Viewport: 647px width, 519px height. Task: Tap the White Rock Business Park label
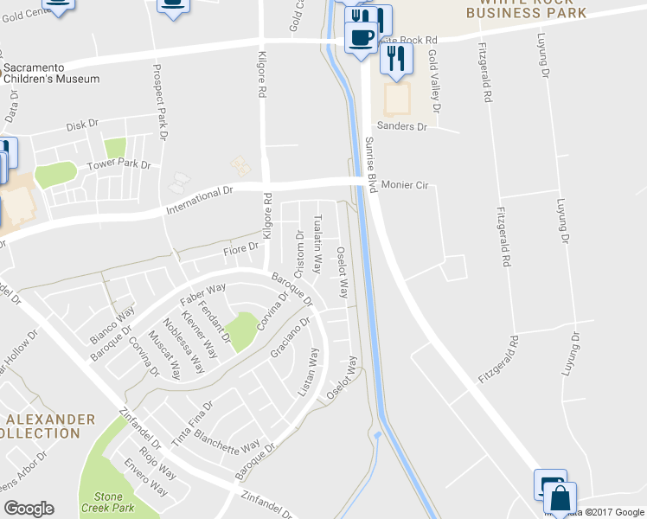coord(526,9)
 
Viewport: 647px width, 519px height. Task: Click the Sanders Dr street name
coord(406,126)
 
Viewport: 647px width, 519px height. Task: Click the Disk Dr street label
coord(83,125)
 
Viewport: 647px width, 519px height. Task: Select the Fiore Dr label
coord(241,249)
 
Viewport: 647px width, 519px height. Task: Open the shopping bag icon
coord(561,499)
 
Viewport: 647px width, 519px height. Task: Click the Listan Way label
coord(308,373)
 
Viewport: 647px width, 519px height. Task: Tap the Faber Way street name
coord(203,293)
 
